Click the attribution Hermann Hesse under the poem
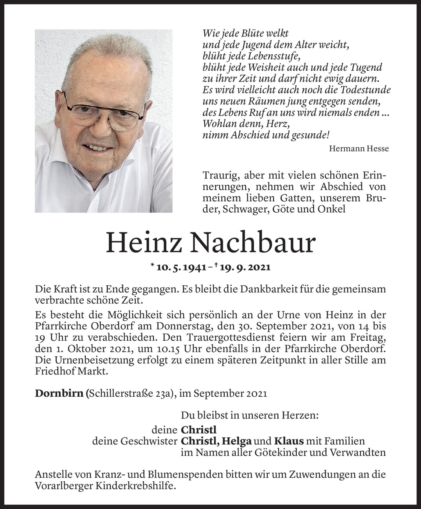click(x=359, y=149)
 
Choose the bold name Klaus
click(x=289, y=441)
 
